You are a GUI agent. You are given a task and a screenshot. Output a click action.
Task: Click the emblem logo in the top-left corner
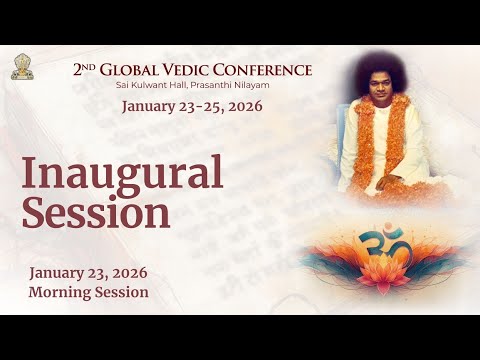click(x=19, y=68)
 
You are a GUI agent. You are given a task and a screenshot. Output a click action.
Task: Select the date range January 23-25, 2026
click(x=192, y=106)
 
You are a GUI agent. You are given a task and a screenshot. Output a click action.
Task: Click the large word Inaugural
click(x=121, y=174)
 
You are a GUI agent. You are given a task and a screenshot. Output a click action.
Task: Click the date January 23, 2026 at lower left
click(x=89, y=273)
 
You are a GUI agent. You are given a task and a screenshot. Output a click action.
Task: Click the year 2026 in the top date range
click(x=243, y=106)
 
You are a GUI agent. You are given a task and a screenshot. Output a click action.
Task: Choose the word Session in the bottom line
click(x=123, y=292)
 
